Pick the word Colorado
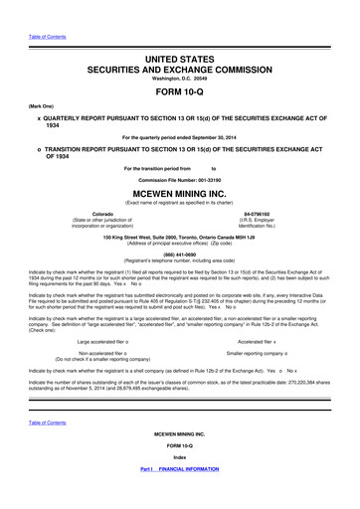pyautogui.click(x=101, y=214)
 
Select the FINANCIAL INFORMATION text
pyautogui.click(x=195, y=495)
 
